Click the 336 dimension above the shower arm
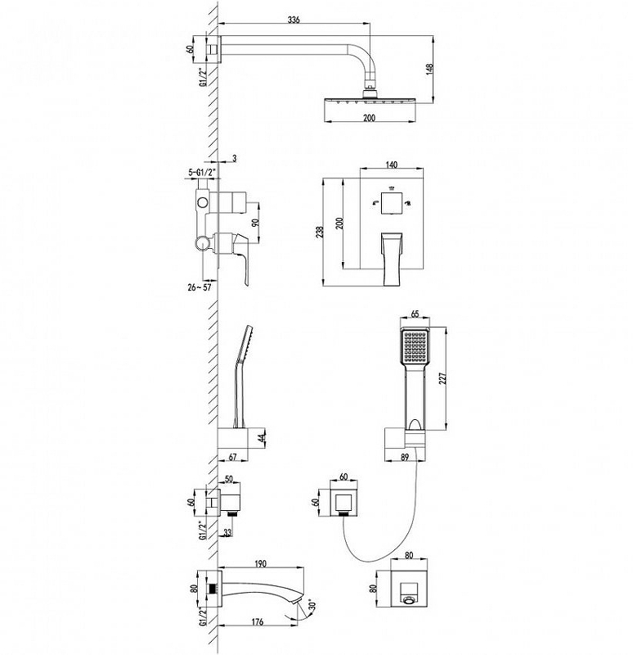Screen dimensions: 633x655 (294, 20)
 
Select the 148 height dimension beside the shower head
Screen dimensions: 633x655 (430, 70)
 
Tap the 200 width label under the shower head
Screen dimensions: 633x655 (370, 118)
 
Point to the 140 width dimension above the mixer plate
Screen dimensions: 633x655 (391, 165)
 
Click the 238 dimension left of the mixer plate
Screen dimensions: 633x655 (320, 233)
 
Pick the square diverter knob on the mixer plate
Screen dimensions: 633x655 (392, 203)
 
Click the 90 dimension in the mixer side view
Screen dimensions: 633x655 (256, 222)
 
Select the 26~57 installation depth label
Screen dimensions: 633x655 (200, 287)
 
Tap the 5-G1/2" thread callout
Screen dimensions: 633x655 (202, 172)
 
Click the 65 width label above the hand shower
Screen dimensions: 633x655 (415, 314)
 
